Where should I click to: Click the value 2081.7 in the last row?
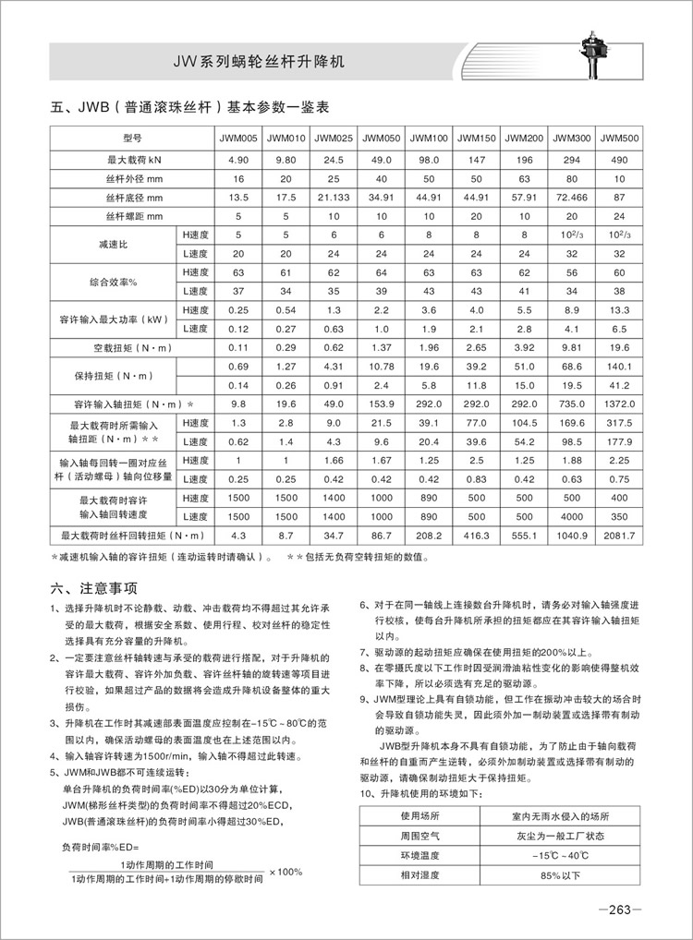pos(619,535)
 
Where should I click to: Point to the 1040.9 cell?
pos(571,535)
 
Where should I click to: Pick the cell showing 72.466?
pos(571,197)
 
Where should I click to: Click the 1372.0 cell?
pos(619,404)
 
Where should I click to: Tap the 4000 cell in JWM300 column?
pos(571,516)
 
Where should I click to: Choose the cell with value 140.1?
pos(619,368)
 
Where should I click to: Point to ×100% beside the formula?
pos(286,872)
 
